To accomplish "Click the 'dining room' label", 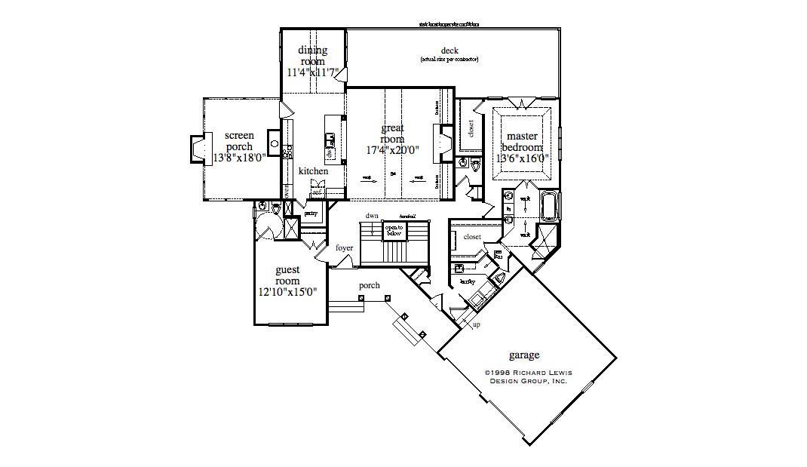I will click(x=312, y=56).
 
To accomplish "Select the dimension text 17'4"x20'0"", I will click(x=392, y=150).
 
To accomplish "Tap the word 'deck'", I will click(x=450, y=51).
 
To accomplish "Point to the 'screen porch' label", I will click(x=239, y=141).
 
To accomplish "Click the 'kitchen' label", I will click(x=313, y=172).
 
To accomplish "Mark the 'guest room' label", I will click(x=287, y=275).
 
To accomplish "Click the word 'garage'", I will click(x=524, y=355).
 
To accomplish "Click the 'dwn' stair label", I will click(x=372, y=216).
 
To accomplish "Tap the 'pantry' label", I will click(x=310, y=214).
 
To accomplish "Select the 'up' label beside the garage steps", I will click(x=476, y=325).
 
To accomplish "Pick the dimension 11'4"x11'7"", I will click(x=312, y=73).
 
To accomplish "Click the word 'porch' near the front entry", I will click(x=369, y=286).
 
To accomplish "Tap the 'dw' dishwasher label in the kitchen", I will click(x=330, y=154).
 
